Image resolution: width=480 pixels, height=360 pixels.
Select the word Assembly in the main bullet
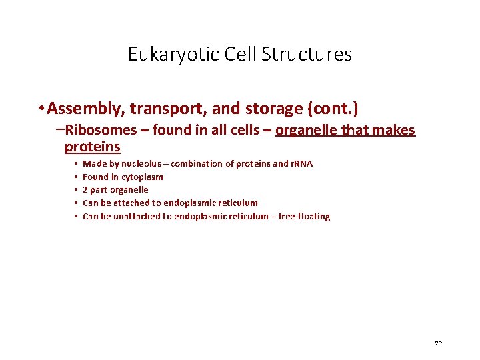(84, 108)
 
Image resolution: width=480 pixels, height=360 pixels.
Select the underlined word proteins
(92, 147)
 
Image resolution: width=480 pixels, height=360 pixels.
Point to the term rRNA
(301, 163)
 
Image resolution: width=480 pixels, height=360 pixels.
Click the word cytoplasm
(142, 177)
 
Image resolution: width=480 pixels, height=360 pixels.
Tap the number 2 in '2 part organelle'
(85, 190)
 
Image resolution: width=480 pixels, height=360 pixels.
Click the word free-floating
(303, 216)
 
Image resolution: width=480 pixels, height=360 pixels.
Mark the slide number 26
(438, 343)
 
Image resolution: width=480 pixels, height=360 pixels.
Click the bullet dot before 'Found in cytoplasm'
(76, 177)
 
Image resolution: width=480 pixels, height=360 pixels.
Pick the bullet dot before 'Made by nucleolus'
(76, 163)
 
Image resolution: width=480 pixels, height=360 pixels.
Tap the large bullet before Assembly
(41, 108)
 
